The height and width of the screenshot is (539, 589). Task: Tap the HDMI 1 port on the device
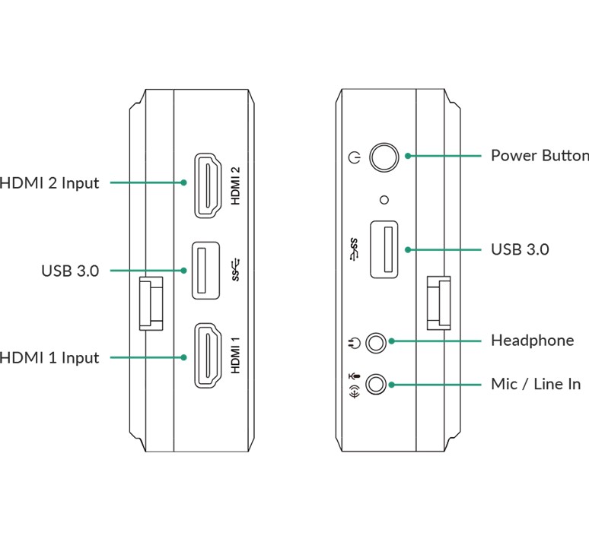pyautogui.click(x=206, y=357)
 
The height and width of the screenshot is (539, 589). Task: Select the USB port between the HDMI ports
pyautogui.click(x=205, y=270)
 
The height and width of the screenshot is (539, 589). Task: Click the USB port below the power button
pyautogui.click(x=384, y=249)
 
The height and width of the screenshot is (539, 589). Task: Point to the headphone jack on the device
pyautogui.click(x=376, y=341)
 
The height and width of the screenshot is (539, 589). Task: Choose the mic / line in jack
pyautogui.click(x=376, y=384)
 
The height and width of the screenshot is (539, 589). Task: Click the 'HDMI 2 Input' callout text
pyautogui.click(x=49, y=183)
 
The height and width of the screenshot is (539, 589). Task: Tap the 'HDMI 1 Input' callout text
pyautogui.click(x=49, y=357)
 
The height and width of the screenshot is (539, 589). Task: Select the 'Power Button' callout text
pyautogui.click(x=539, y=156)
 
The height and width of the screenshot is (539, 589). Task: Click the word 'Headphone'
pyautogui.click(x=532, y=341)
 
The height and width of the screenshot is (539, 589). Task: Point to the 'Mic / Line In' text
pyautogui.click(x=535, y=384)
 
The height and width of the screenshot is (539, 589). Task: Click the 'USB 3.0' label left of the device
pyautogui.click(x=70, y=271)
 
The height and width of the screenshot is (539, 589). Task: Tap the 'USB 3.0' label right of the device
pyautogui.click(x=520, y=249)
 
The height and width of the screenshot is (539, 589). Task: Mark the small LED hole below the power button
pyautogui.click(x=384, y=199)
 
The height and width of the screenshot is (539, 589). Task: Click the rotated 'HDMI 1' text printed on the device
pyautogui.click(x=236, y=356)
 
